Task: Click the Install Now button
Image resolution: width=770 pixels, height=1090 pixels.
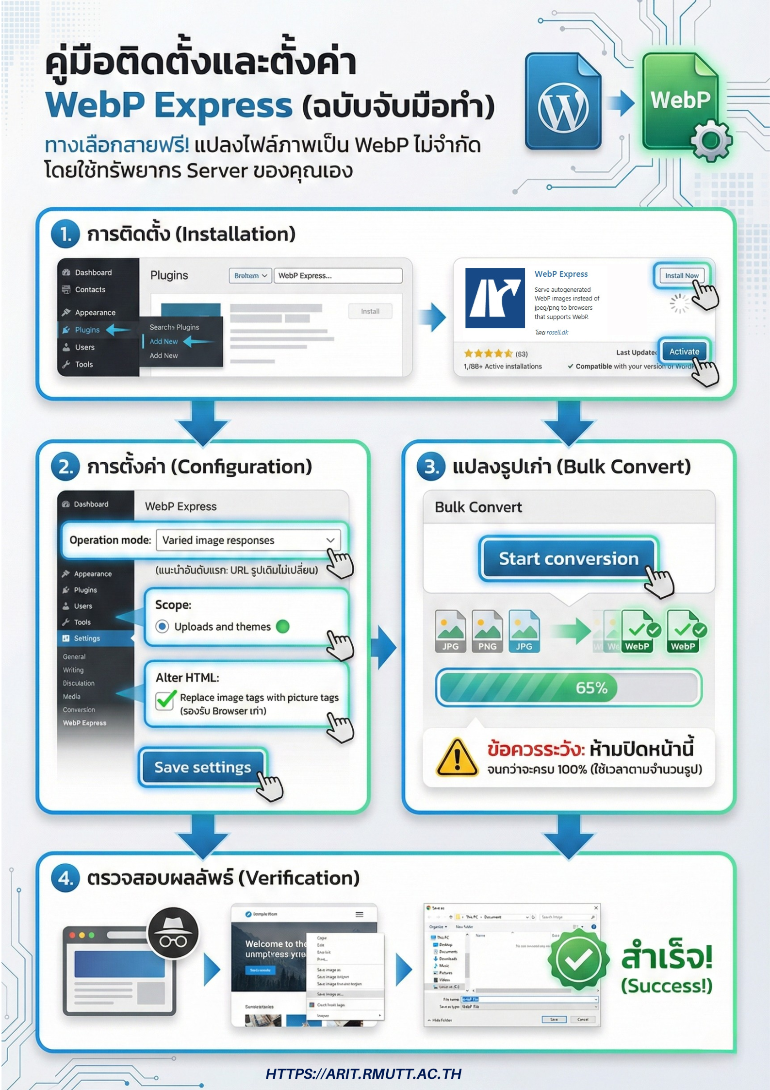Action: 681,275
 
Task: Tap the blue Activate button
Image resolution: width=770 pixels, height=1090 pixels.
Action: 684,352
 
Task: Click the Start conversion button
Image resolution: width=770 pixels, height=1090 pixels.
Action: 568,559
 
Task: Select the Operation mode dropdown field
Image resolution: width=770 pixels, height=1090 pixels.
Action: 248,540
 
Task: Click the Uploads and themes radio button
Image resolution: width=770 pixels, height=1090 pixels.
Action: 163,626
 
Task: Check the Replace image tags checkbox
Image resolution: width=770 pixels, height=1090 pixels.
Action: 165,700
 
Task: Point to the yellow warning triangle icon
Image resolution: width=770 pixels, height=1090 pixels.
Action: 457,758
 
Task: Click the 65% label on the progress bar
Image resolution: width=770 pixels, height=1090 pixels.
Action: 591,688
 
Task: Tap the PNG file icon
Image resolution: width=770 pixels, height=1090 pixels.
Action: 487,631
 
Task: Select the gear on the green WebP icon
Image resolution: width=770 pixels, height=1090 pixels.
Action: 711,141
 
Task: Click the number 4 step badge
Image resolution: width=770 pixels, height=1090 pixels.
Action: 66,878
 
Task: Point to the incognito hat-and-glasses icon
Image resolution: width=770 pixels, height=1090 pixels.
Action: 173,933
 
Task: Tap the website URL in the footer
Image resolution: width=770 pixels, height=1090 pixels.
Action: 363,1073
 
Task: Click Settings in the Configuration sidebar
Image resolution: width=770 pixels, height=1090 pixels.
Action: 87,638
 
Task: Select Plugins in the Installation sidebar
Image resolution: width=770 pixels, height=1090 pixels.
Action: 87,330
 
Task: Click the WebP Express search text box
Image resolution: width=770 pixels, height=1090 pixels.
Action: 338,275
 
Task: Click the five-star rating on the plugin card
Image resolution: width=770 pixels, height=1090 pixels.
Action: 488,353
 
